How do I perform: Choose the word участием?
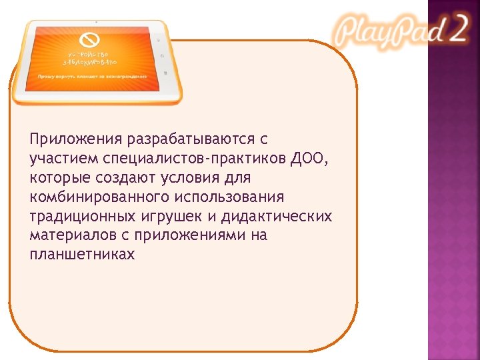coord(64,159)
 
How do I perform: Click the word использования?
coord(230,197)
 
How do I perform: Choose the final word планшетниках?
coord(82,255)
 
